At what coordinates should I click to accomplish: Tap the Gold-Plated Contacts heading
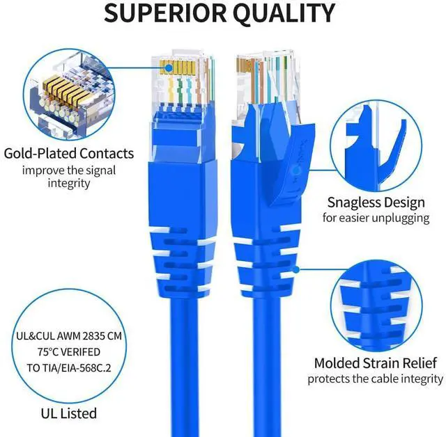tap(68, 154)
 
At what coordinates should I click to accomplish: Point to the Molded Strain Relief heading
tap(375, 363)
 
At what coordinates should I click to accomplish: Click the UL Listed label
tap(68, 413)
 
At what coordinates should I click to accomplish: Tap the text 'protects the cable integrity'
tap(375, 379)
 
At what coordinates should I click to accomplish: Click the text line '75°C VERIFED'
tap(68, 351)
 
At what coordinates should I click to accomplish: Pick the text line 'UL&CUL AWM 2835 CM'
tap(68, 335)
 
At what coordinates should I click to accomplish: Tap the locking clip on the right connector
tap(279, 132)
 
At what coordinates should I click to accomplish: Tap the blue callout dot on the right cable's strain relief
tap(296, 268)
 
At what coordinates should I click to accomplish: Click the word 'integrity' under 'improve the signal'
tap(68, 183)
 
